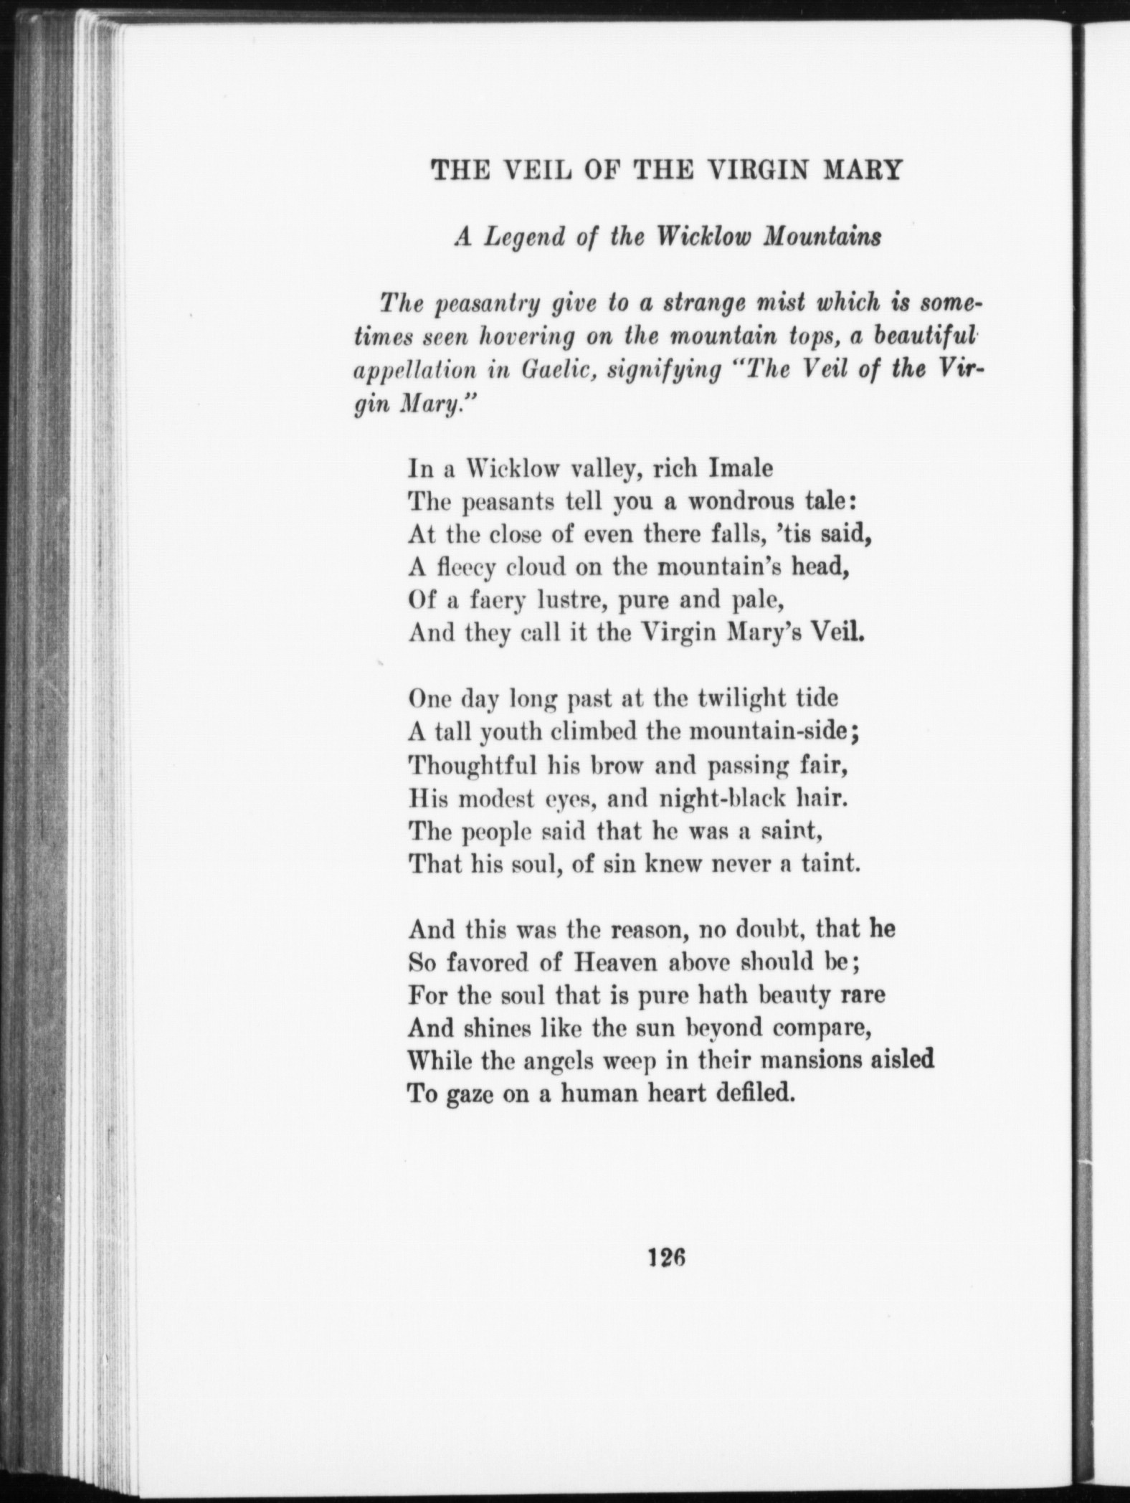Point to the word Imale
(741, 468)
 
